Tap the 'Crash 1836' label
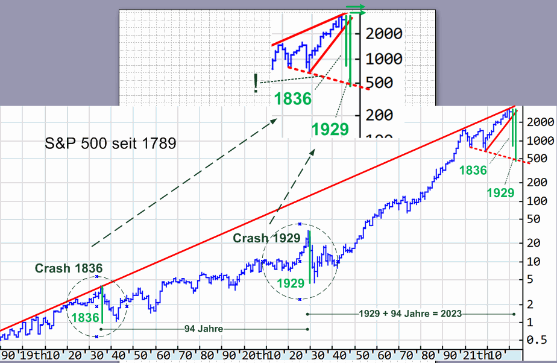69,268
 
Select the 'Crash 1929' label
266,238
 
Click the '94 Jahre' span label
204,329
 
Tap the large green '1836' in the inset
292,99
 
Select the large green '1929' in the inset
330,129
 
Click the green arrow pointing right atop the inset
355,9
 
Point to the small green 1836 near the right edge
473,171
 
